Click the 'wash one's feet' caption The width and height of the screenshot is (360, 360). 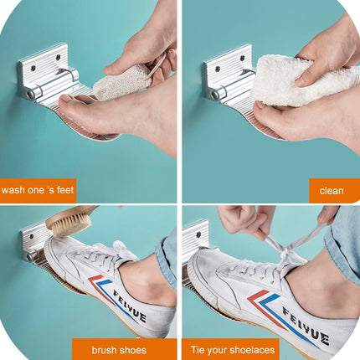coord(38,190)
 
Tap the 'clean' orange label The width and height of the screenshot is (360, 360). coord(332,191)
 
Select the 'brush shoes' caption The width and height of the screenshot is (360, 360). coord(119,350)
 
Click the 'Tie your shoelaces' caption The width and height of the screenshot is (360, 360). coord(233,350)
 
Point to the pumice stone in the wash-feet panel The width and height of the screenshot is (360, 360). coord(123,82)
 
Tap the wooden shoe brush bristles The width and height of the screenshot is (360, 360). coord(73,225)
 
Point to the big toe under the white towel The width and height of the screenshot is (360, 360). coord(264,107)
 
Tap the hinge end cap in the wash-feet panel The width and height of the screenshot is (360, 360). coord(30,94)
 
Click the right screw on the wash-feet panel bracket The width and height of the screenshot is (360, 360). coord(58,57)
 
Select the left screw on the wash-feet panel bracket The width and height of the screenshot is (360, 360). coord(33,68)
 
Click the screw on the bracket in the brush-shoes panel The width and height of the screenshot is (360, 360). coord(32,237)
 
